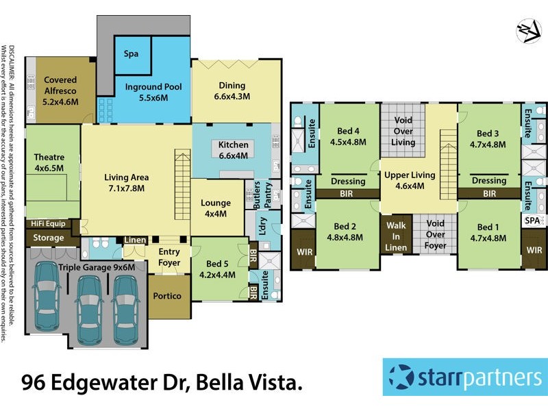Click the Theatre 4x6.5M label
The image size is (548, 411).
(49, 162)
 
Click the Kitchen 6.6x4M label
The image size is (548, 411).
(233, 150)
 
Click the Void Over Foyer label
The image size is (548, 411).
(436, 234)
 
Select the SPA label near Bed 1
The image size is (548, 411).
(532, 221)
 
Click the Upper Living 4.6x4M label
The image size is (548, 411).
(410, 180)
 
